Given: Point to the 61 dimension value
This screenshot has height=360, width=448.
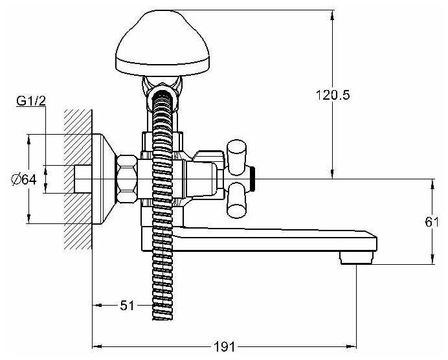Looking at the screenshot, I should pyautogui.click(x=432, y=222).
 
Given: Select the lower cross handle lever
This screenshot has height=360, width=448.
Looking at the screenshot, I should pyautogui.click(x=237, y=200).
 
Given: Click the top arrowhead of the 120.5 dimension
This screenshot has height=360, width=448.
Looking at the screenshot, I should pyautogui.click(x=333, y=12).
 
